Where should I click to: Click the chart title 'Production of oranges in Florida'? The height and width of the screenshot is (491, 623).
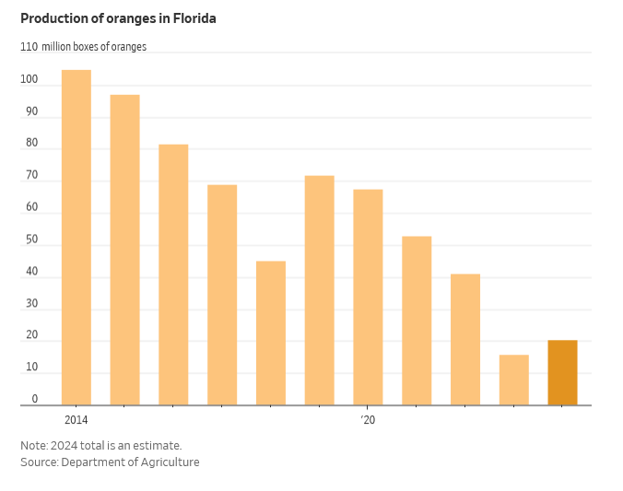[x=118, y=18]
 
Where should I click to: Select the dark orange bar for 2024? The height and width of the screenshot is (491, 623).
[x=562, y=373]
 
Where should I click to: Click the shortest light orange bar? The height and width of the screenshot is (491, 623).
[x=514, y=380]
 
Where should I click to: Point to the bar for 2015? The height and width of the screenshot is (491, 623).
[x=125, y=250]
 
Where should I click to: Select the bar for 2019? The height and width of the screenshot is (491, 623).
[x=320, y=290]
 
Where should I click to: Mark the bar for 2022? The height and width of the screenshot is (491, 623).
[x=465, y=340]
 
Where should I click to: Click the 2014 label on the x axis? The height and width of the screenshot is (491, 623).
[x=76, y=420]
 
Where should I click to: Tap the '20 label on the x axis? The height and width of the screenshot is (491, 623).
[x=368, y=420]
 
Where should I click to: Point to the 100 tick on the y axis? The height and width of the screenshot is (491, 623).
[x=29, y=80]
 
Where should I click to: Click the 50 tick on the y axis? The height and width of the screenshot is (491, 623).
[x=32, y=240]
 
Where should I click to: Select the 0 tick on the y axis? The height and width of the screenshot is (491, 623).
[x=35, y=399]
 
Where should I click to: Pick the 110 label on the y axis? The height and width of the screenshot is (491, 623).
[x=29, y=47]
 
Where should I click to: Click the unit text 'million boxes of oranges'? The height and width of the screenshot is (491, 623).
[x=94, y=47]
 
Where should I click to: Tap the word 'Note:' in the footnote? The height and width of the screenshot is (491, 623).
[x=35, y=446]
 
